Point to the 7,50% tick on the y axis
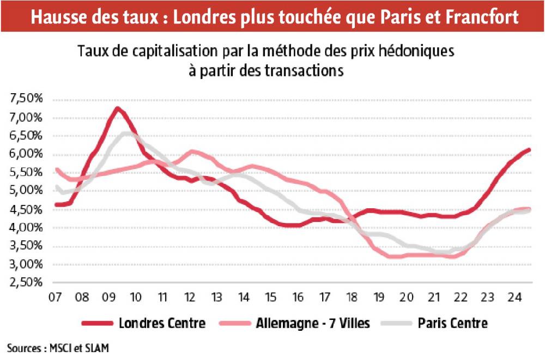[x=26, y=99]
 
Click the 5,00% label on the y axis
[x=26, y=191]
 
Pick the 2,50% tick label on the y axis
[x=26, y=283]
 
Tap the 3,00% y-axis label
[x=26, y=264]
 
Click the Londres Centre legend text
[x=162, y=323]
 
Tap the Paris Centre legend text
[x=452, y=323]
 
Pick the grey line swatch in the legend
[x=396, y=324]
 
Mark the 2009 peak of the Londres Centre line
[x=117, y=108]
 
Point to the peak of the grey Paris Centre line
[x=126, y=133]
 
